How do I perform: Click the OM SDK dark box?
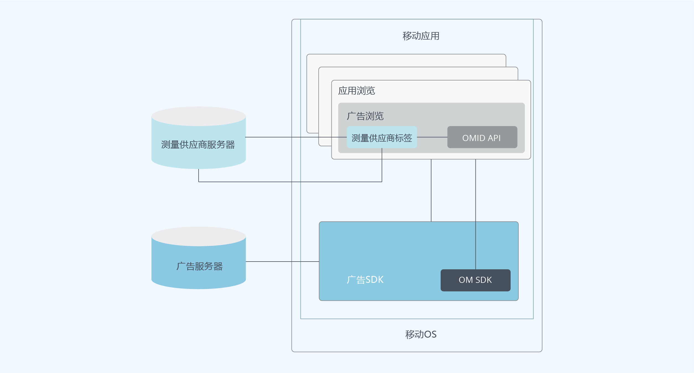(x=475, y=280)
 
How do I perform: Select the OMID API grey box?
(x=482, y=137)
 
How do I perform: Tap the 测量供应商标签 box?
(x=382, y=137)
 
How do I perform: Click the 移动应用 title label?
(x=421, y=36)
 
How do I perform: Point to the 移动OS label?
(x=421, y=334)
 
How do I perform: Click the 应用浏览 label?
(x=357, y=91)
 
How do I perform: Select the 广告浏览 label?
(x=365, y=116)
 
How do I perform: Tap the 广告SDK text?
(x=365, y=280)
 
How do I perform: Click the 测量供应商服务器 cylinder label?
(x=198, y=145)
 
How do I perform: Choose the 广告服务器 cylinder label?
(x=199, y=266)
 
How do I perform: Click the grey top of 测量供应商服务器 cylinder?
(x=199, y=116)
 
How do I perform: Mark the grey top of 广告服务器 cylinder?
(x=199, y=236)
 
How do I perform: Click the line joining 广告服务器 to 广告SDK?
(x=282, y=262)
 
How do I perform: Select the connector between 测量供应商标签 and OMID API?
(x=432, y=137)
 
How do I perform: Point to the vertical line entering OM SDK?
(x=476, y=214)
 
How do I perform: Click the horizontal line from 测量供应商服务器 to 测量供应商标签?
(x=296, y=137)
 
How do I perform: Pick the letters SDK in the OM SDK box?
(x=484, y=280)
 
